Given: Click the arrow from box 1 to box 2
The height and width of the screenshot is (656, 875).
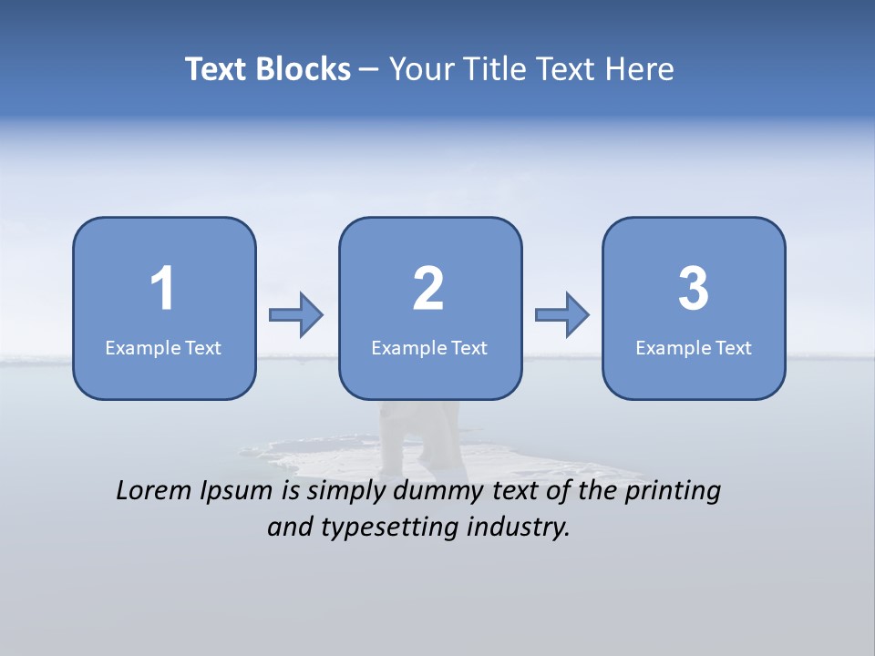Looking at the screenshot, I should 296,315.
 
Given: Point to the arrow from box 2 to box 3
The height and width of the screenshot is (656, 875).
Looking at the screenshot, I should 562,315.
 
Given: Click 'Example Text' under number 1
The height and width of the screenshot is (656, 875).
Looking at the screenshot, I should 163,347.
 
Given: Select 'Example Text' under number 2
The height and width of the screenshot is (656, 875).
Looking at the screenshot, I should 429,347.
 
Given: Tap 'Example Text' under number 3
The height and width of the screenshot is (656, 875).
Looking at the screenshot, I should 694,347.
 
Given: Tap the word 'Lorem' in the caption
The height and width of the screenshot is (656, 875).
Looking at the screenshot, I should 155,491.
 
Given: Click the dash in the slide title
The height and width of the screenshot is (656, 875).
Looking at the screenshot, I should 369,70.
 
